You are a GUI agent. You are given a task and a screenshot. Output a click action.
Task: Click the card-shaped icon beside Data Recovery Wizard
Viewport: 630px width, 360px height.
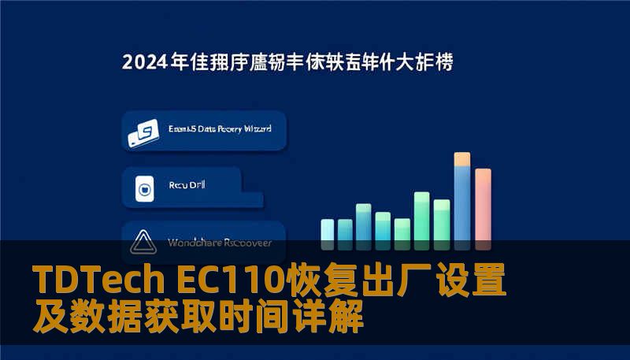point(143,132)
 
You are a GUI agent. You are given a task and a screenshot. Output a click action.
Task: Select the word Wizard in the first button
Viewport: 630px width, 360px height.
point(254,128)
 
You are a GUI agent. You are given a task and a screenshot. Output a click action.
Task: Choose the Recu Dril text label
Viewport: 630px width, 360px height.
point(187,187)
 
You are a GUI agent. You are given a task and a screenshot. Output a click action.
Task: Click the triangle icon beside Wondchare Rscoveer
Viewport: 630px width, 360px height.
point(143,242)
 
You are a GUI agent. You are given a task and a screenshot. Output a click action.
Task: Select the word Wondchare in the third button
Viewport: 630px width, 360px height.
point(193,243)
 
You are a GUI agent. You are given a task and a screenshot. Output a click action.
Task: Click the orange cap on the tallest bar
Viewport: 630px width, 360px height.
point(462,159)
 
